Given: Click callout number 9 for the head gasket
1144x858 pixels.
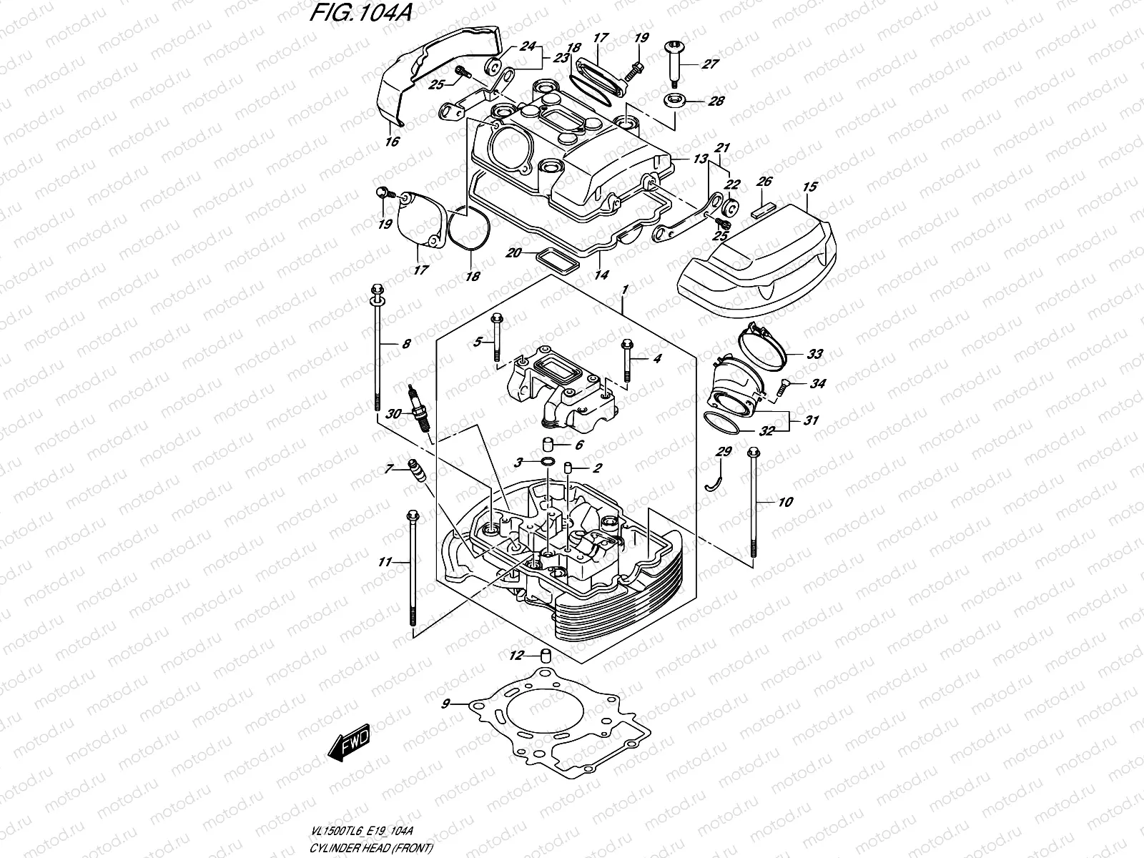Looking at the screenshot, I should coord(445,704).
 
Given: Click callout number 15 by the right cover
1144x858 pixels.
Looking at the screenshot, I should coord(809,187).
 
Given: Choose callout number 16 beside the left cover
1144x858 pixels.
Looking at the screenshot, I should coord(391,142).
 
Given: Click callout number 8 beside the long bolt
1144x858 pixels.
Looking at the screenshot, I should coord(406,344).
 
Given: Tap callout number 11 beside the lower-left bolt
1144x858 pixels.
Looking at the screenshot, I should coord(385,563).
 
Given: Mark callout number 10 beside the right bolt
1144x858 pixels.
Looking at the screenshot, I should coord(784,503).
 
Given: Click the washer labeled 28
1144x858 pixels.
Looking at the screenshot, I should coord(675,101).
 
